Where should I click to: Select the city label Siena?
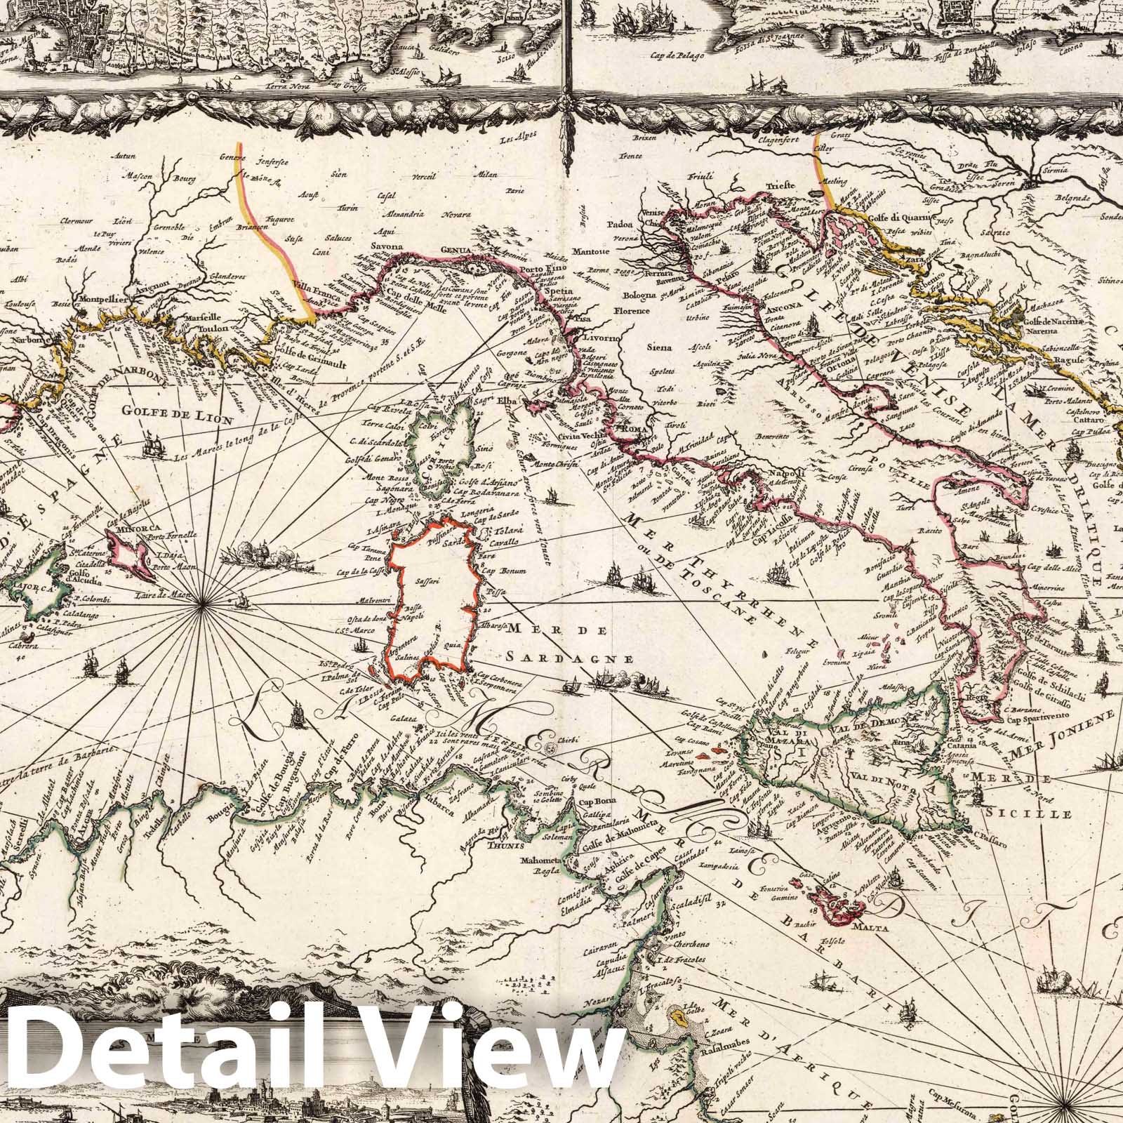[660, 347]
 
